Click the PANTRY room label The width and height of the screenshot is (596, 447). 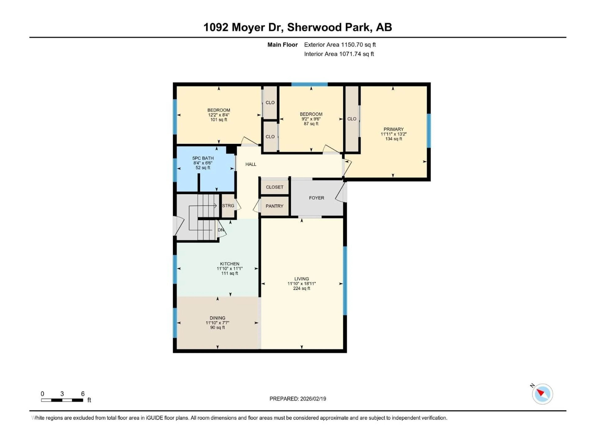(x=274, y=206)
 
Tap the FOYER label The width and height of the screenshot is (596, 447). (x=316, y=198)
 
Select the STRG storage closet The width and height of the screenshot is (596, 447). (x=228, y=206)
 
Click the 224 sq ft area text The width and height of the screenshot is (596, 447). (x=302, y=288)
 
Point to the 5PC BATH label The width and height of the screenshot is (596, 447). (x=203, y=158)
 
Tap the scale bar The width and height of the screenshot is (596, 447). (x=62, y=400)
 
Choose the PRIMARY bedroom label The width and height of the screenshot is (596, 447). (x=393, y=129)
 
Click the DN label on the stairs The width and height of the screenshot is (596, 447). (x=220, y=230)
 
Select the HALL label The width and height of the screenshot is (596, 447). (x=251, y=164)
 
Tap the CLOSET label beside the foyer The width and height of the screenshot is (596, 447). (x=274, y=187)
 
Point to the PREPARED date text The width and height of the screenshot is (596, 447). (x=298, y=399)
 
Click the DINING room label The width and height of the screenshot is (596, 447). (x=217, y=318)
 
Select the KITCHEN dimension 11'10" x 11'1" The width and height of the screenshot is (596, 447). (x=230, y=269)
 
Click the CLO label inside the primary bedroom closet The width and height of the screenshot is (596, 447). (x=352, y=119)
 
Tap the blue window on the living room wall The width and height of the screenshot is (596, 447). (x=345, y=280)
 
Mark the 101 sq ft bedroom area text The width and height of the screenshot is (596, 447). (x=219, y=120)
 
